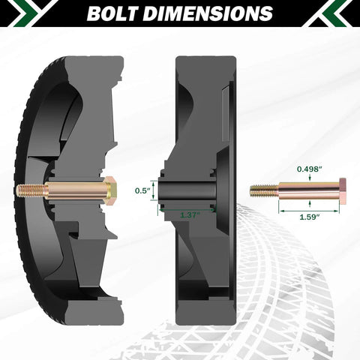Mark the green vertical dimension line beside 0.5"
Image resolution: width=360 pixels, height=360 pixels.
[x=156, y=190]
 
